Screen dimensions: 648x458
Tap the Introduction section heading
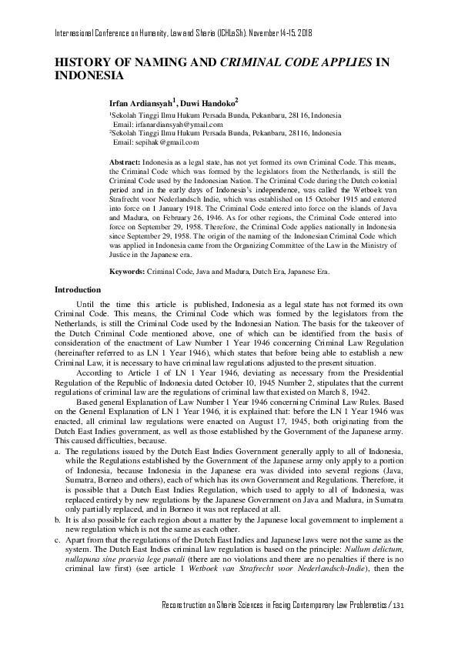79,289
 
